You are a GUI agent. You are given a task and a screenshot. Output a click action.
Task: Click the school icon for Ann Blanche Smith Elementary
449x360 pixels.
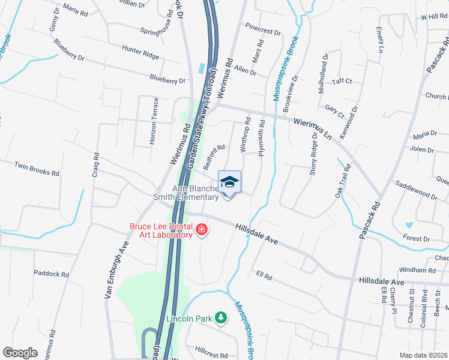tap(229, 182)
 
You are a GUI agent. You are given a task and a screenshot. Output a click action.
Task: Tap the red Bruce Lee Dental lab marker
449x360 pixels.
tap(202, 229)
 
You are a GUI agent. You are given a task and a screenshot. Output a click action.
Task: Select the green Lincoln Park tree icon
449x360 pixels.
tap(221, 317)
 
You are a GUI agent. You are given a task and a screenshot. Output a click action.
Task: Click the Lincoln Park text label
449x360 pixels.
tap(190, 319)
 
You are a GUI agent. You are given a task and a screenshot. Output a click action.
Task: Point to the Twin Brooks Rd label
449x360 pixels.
tap(37, 169)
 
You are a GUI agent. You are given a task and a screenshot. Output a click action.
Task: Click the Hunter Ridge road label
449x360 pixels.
tap(140, 52)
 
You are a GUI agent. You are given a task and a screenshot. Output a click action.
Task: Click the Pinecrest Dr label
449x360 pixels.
tap(262, 29)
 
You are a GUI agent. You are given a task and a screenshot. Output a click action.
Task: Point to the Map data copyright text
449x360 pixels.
tap(423, 355)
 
